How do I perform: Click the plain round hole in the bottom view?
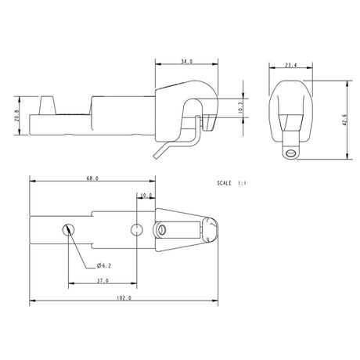(x=137, y=229)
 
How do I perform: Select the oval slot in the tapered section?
(x=163, y=230)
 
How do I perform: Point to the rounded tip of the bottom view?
(x=211, y=229)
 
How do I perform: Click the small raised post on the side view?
(x=45, y=105)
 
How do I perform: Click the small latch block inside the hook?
(x=209, y=122)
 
